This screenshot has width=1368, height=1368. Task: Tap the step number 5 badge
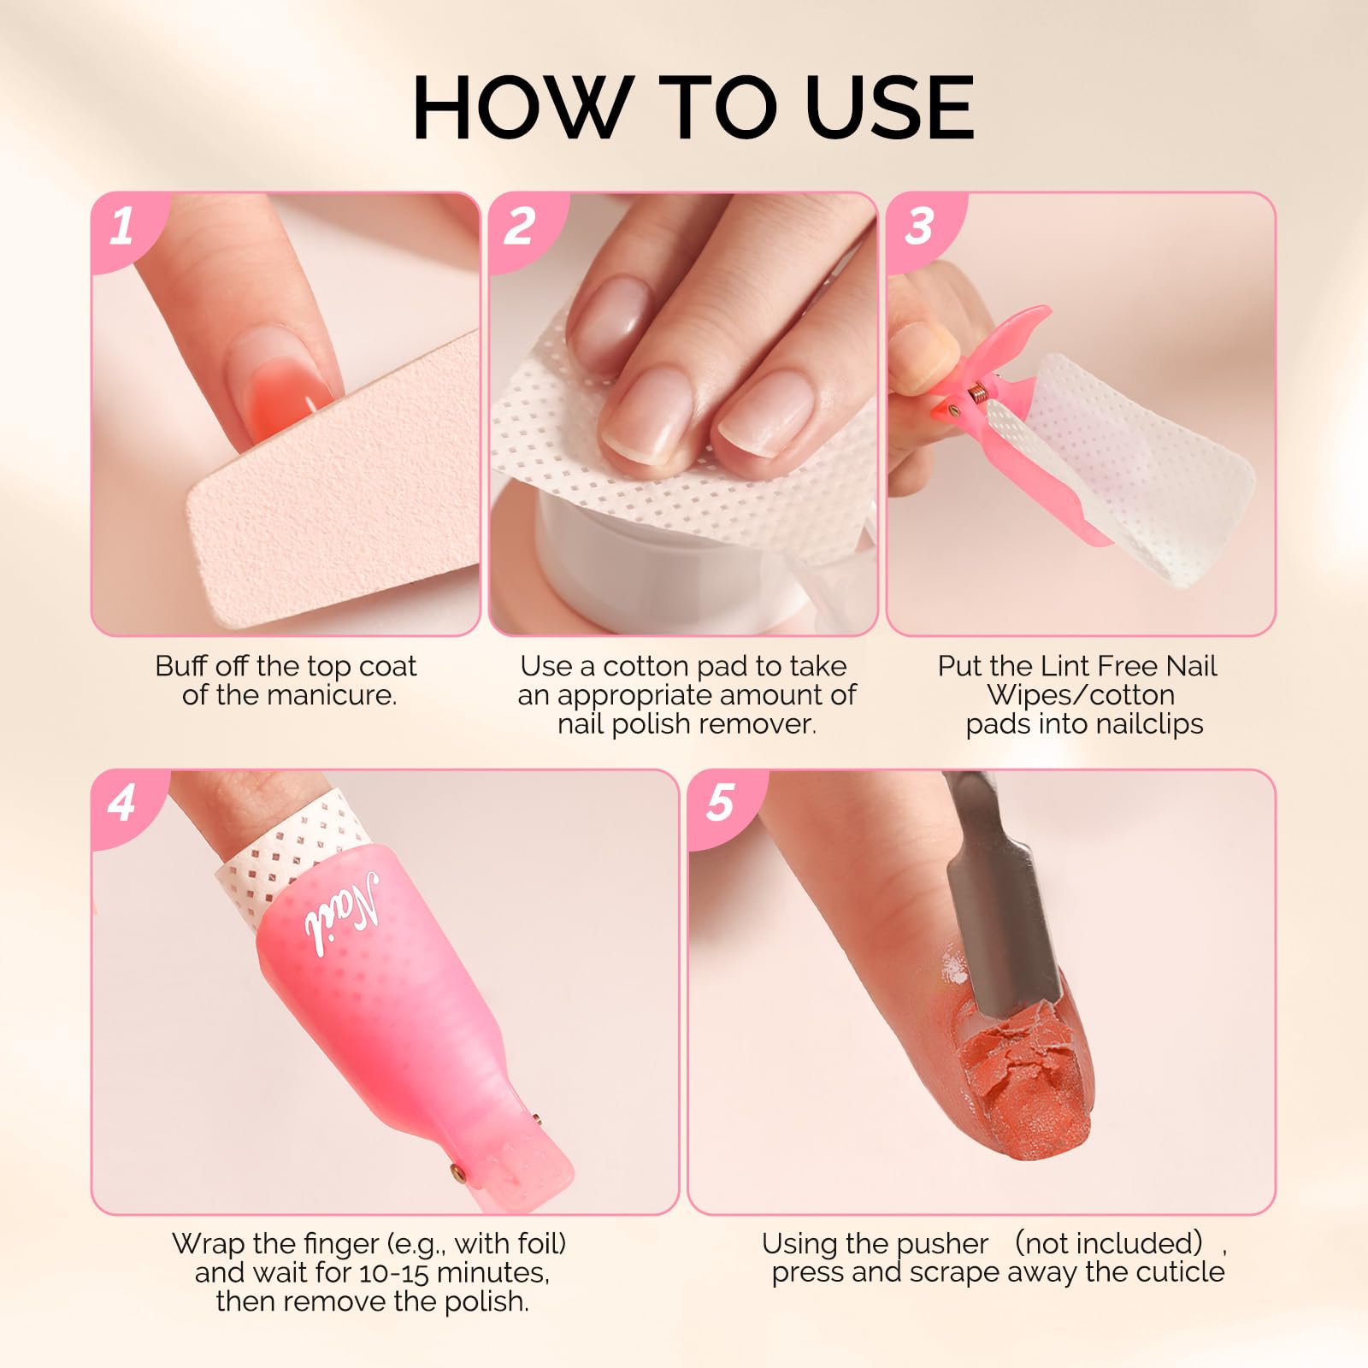click(x=720, y=804)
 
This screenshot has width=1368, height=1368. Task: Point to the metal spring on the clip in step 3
click(x=980, y=394)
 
